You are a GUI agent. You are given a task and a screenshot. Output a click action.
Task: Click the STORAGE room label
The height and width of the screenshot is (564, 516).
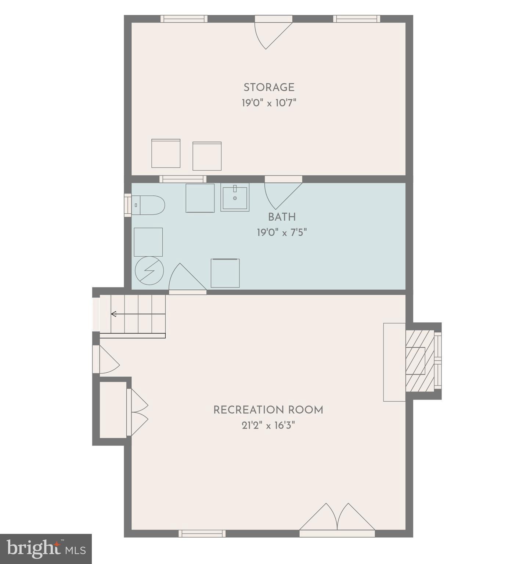269,87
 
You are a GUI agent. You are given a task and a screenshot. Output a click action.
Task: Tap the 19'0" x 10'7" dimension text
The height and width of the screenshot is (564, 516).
269,103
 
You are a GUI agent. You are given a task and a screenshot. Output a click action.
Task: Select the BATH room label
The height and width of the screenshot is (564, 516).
282,217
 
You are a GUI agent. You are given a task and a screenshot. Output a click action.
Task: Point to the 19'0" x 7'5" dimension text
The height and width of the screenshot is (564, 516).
282,232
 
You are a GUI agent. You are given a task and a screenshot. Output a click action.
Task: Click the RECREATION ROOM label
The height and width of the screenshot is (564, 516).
268,410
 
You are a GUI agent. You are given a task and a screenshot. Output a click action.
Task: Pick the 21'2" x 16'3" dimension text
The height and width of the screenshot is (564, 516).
268,426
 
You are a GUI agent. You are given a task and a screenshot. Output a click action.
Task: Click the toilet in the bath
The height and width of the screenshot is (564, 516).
148,205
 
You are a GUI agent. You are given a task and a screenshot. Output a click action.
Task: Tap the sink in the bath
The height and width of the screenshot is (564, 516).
235,198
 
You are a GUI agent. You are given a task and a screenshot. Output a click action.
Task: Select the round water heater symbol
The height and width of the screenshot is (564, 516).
149,271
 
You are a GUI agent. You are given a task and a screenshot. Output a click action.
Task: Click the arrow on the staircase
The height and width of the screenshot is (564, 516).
114,314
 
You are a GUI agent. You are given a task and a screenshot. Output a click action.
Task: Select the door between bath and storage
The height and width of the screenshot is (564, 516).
283,193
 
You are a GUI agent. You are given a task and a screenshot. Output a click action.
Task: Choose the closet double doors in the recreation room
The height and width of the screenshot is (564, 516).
138,412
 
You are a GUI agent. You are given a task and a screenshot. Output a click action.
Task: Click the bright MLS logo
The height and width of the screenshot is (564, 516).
46,549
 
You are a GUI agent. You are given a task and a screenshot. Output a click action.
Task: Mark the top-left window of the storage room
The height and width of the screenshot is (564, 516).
184,19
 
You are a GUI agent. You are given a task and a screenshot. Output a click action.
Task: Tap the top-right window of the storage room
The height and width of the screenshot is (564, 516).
357,19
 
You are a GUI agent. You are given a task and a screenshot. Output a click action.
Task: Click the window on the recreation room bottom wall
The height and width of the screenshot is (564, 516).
202,534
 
